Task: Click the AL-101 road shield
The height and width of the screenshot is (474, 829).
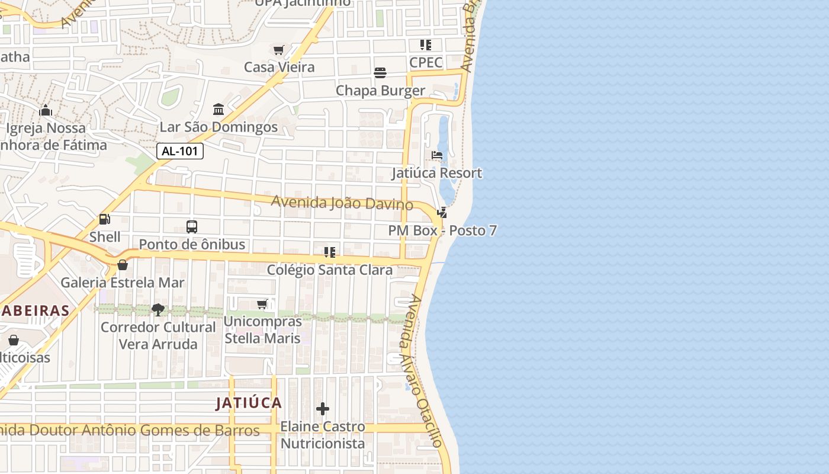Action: point(180,151)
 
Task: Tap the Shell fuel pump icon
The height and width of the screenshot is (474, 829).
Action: point(105,219)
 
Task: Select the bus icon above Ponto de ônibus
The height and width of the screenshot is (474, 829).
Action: point(192,226)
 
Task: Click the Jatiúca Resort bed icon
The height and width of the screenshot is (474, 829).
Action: point(437,155)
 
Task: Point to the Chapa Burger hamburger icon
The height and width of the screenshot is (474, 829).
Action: point(380,73)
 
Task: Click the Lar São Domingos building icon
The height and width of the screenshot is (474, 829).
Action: point(219,110)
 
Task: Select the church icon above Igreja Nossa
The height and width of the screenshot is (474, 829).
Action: point(46,110)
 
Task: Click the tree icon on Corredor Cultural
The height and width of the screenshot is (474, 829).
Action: point(158,309)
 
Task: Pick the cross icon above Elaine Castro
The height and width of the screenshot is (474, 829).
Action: point(323,409)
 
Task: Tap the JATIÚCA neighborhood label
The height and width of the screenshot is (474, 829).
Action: point(249,403)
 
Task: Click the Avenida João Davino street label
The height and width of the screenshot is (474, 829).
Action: point(342,203)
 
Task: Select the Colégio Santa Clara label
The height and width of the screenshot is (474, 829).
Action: point(330,270)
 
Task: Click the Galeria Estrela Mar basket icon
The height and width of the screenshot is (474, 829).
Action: point(123,265)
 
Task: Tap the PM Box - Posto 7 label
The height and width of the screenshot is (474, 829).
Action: point(442,230)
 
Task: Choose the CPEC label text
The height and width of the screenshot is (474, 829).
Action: point(426,62)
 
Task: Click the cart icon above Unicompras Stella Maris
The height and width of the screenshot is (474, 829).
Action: point(262,304)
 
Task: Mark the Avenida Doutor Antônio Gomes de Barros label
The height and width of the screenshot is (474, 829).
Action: point(130,430)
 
